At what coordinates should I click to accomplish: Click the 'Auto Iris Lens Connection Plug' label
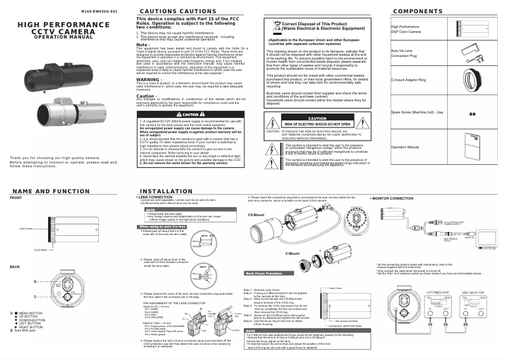point(403,53)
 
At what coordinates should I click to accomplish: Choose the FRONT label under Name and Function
point(16,198)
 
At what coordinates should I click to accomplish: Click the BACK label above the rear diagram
point(15,266)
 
